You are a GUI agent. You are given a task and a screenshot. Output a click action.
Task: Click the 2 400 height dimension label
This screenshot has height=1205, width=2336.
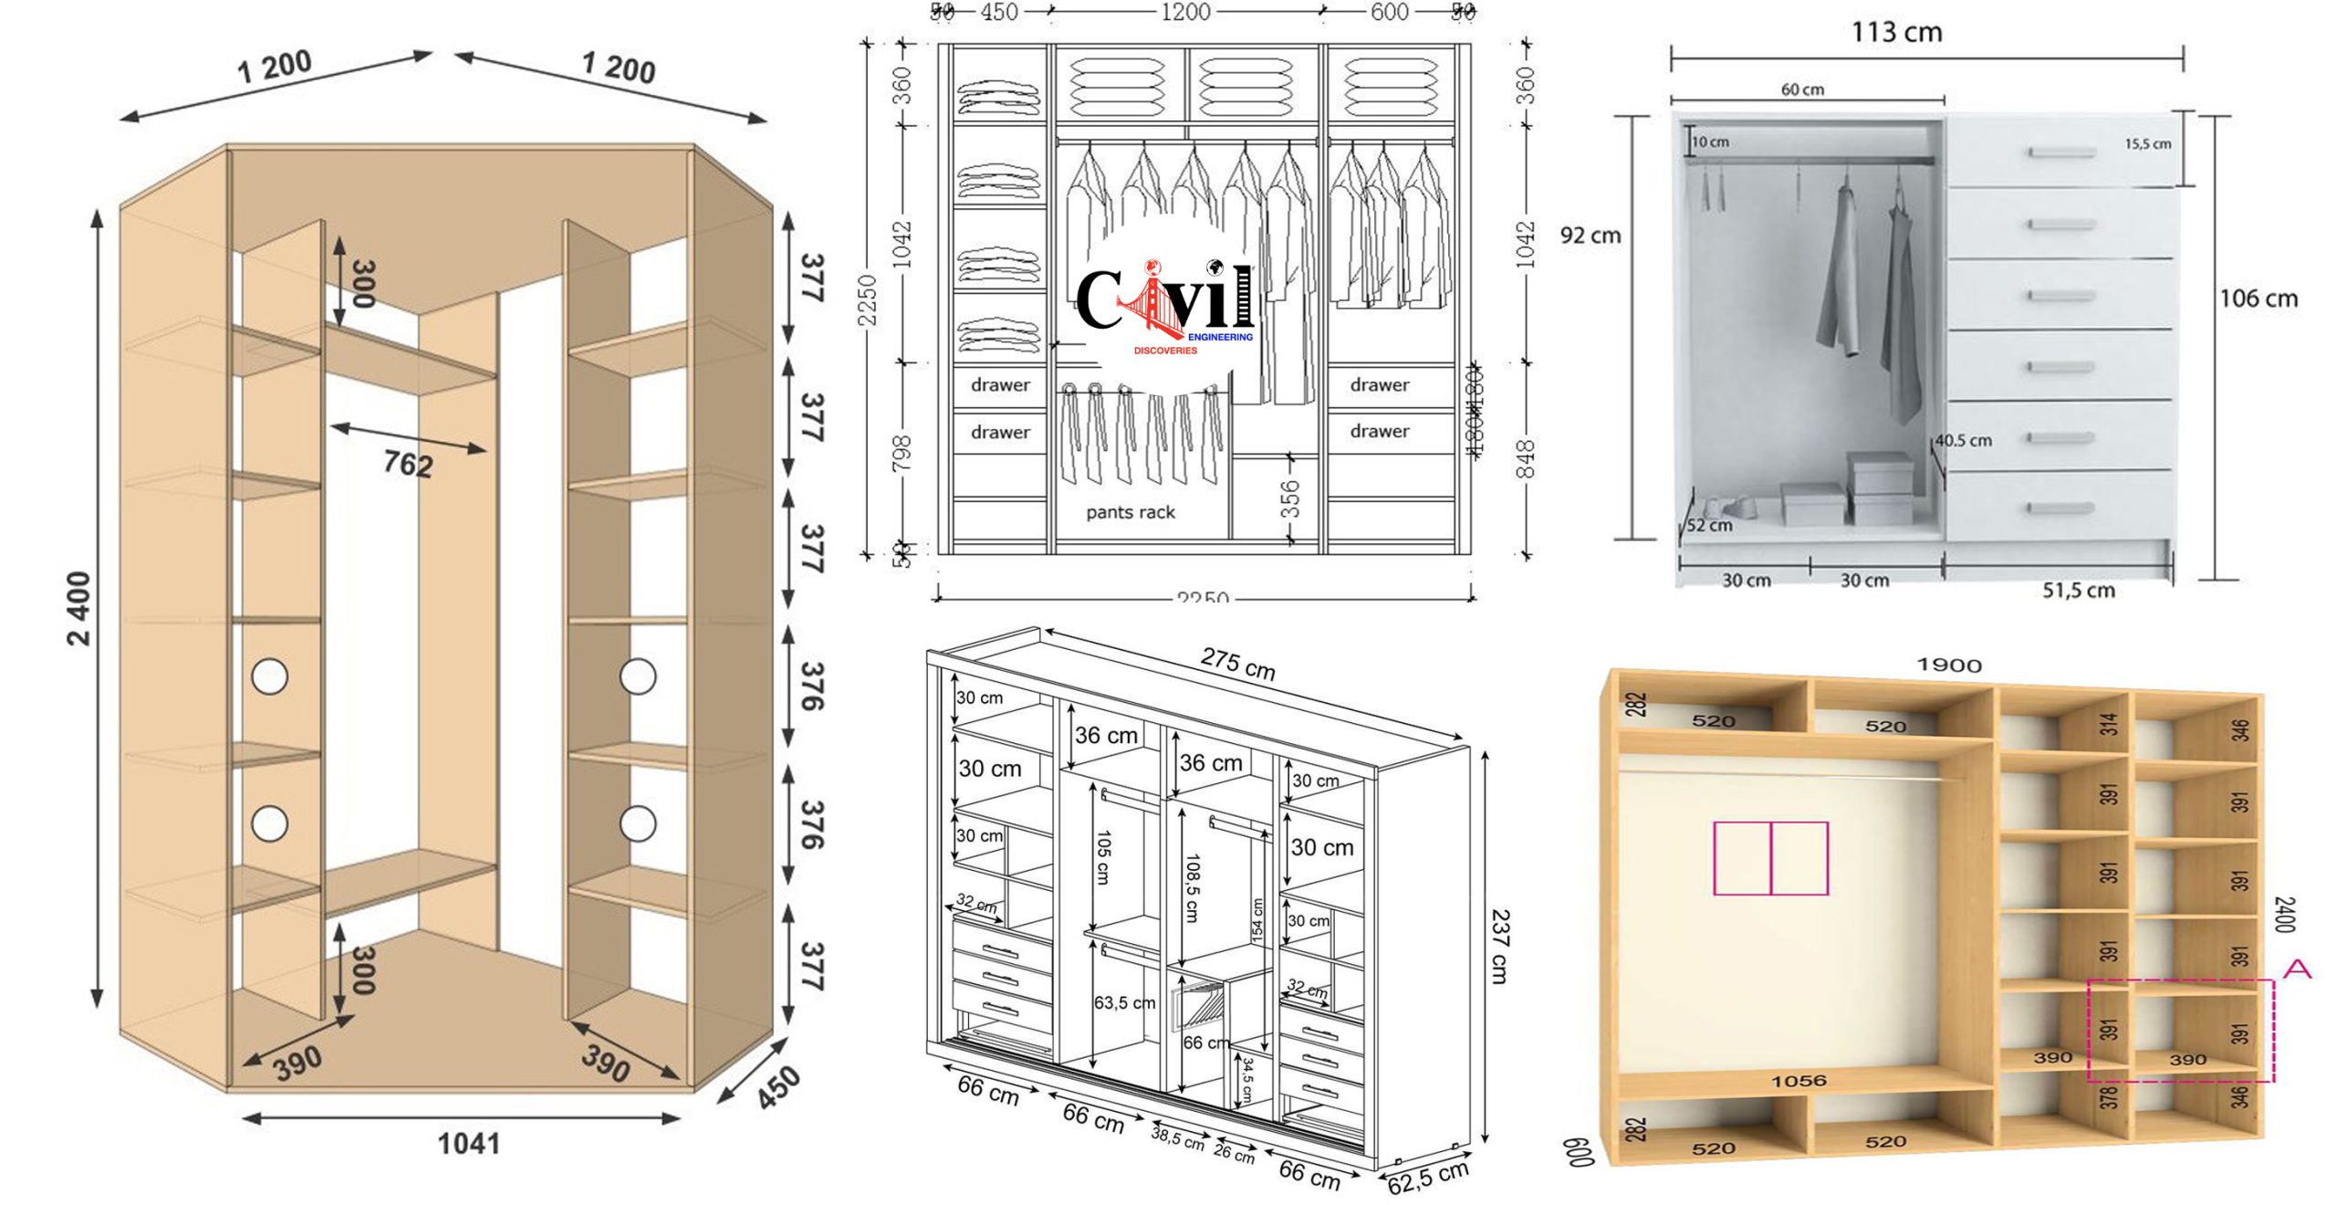(x=80, y=609)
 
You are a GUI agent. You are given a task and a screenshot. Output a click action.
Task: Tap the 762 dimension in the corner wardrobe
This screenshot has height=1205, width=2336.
(x=408, y=464)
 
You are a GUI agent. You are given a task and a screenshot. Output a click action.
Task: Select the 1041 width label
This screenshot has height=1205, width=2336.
(x=468, y=1144)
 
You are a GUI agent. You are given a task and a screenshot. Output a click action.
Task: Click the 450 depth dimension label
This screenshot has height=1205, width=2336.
(x=778, y=1087)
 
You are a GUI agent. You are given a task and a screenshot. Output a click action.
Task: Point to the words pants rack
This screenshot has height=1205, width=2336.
(x=1130, y=512)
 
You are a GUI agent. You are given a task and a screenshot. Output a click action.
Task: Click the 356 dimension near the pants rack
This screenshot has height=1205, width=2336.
(x=1289, y=499)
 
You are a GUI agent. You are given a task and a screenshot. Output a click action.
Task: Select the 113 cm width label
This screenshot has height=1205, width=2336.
(x=1896, y=33)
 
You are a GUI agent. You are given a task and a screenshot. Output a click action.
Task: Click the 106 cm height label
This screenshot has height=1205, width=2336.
(x=2258, y=299)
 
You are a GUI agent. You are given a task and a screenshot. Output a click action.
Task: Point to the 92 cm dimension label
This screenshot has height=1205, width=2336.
(x=1590, y=236)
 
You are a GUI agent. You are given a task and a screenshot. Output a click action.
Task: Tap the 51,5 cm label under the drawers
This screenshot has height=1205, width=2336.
(x=2078, y=591)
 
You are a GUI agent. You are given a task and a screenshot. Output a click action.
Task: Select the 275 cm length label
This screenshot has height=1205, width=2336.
(x=1237, y=664)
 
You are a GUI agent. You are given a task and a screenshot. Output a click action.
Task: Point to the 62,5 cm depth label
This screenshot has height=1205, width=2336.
(x=1428, y=1178)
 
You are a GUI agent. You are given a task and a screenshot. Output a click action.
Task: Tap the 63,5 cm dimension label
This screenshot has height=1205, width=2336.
(x=1124, y=1002)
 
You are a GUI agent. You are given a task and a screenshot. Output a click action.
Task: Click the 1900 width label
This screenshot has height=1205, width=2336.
(x=1948, y=665)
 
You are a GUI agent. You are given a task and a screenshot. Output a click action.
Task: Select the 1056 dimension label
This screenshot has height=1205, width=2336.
(x=1799, y=1081)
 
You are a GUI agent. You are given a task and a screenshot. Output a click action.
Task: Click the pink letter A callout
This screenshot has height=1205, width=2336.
(x=2296, y=969)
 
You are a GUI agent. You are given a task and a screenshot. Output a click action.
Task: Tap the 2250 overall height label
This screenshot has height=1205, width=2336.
(x=868, y=299)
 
